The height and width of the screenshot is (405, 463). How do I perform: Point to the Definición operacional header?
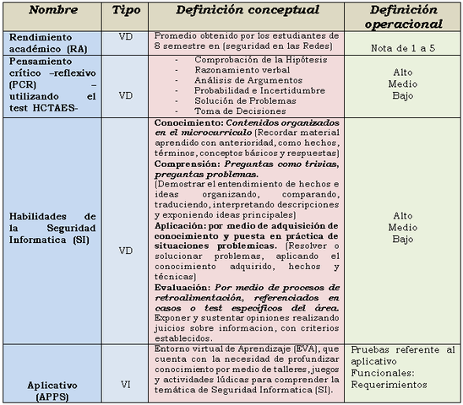pos(402,14)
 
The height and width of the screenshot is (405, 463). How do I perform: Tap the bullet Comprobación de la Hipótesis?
pos(249,62)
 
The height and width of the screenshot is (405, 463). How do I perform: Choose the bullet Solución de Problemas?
pos(239,101)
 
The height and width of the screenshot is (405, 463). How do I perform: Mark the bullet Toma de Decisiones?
pos(233,111)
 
